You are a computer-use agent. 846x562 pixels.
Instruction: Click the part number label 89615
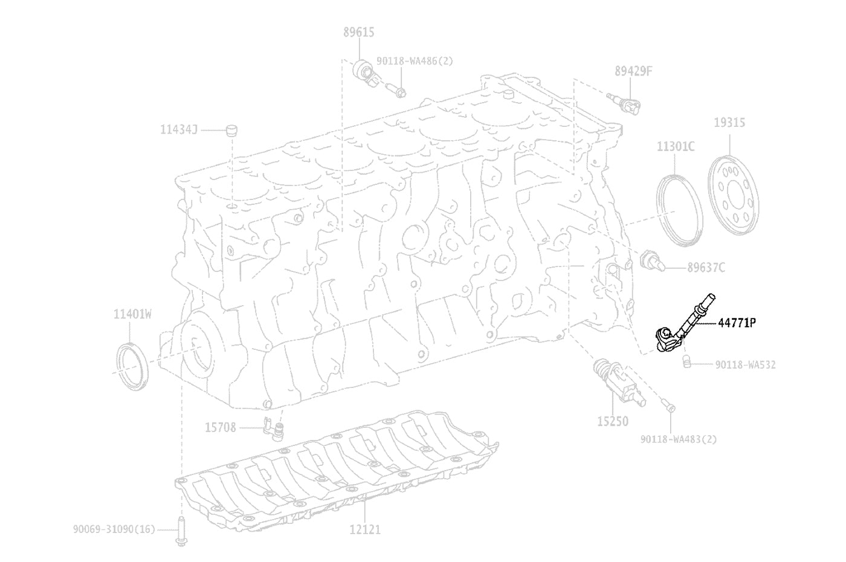(358, 33)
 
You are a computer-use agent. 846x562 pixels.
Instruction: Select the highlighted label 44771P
(737, 323)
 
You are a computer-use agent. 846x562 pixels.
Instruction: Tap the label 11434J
(179, 129)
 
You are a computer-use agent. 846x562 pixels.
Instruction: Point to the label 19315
(729, 123)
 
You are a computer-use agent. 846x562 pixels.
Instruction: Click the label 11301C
(676, 146)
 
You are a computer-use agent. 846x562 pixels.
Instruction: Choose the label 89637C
(706, 267)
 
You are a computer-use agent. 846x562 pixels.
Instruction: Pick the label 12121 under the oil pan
(365, 529)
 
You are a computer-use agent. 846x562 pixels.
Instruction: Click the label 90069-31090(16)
(114, 529)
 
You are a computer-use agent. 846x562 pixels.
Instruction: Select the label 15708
(220, 428)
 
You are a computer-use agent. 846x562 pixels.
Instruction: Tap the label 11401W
(132, 314)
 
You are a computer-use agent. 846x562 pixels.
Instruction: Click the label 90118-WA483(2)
(678, 439)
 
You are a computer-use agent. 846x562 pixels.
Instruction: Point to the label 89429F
(633, 71)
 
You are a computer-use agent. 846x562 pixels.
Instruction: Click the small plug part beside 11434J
(231, 131)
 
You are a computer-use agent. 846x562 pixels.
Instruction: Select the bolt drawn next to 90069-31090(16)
(181, 531)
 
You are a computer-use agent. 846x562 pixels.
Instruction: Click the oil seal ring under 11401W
(132, 366)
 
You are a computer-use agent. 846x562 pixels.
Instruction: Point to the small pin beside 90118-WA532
(687, 362)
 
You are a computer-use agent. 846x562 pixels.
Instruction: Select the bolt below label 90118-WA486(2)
(396, 90)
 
